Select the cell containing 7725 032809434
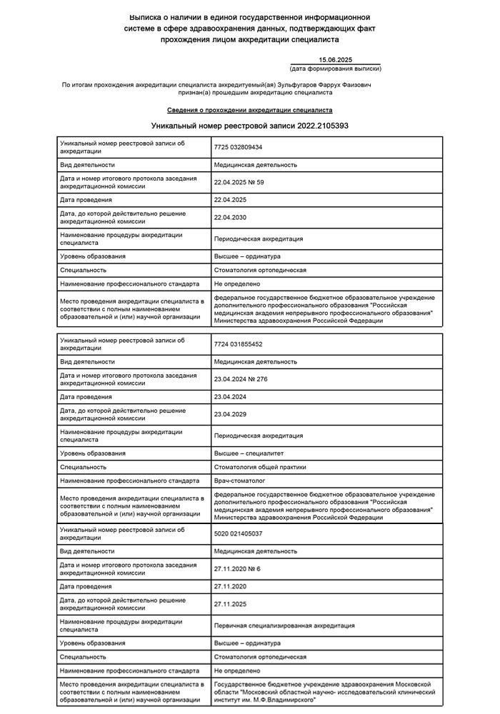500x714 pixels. click(x=238, y=146)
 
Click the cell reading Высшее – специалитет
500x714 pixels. click(x=248, y=453)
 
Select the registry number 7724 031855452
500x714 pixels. click(x=238, y=343)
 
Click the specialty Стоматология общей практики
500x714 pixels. click(x=260, y=467)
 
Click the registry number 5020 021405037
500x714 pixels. click(x=238, y=533)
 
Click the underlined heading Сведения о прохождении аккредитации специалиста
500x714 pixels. click(x=249, y=111)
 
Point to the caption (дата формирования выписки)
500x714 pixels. click(x=335, y=69)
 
